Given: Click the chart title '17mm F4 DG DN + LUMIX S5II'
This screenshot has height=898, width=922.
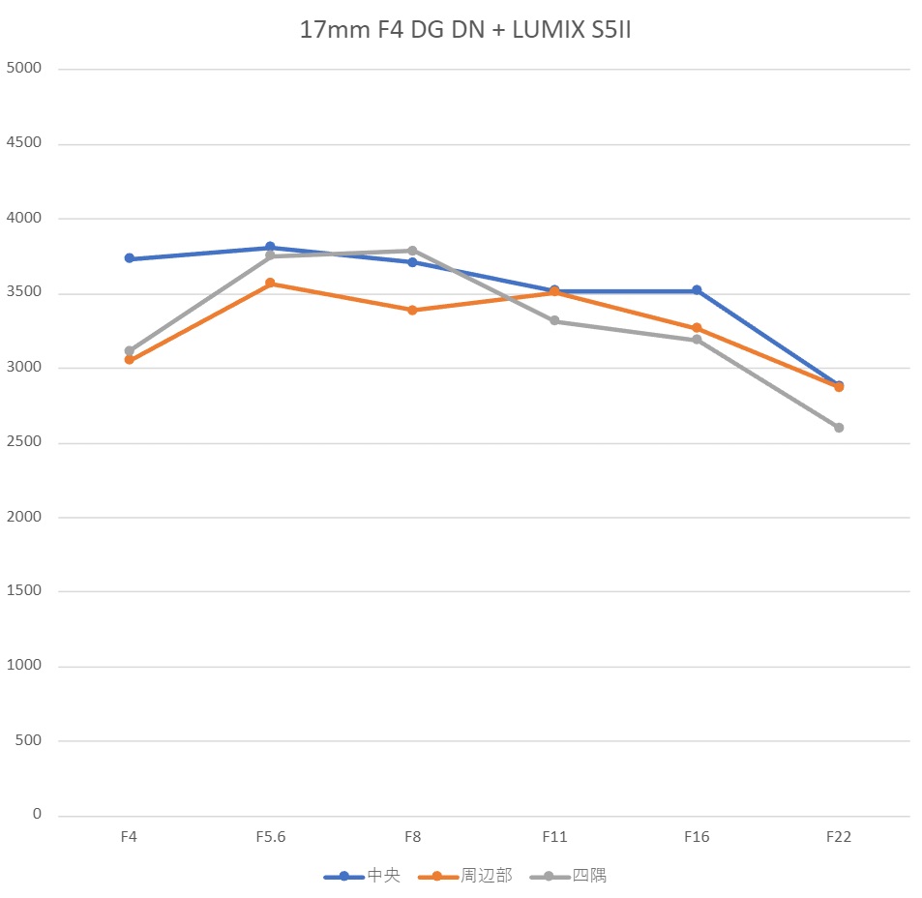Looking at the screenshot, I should click(465, 31).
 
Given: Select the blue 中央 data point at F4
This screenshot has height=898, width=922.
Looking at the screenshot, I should click(129, 258).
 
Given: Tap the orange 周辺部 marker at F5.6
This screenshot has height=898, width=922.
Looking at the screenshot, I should click(271, 284).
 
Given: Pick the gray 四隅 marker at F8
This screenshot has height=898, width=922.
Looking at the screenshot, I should click(412, 251).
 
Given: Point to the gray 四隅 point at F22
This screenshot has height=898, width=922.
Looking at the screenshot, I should click(839, 428).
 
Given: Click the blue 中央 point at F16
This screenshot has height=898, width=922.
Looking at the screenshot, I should click(697, 290).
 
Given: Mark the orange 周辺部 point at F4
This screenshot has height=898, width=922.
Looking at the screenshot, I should click(129, 360).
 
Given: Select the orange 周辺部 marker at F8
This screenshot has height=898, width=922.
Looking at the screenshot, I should click(412, 311).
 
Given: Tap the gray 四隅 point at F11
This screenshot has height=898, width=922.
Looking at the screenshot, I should click(554, 320).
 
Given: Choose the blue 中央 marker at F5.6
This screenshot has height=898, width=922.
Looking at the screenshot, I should click(271, 247).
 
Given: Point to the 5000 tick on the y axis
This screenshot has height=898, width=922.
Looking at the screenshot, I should click(23, 69).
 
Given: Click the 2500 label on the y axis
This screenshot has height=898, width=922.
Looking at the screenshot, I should click(23, 442).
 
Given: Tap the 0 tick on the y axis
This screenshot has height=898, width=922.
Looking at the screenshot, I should click(37, 815).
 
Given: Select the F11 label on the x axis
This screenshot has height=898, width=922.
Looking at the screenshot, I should click(554, 837).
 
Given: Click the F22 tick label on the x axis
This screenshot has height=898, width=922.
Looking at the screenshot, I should click(839, 837).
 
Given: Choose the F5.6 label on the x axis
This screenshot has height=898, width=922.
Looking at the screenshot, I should click(271, 837).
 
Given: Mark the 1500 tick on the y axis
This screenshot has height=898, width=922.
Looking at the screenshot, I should click(23, 591).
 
